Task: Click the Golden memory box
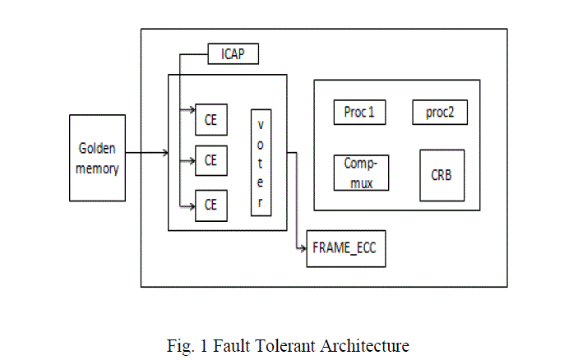97,158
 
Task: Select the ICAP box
234,55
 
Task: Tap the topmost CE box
211,118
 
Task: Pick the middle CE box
211,160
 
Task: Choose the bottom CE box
211,204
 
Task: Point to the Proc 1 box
359,112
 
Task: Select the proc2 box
439,112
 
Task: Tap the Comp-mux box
361,173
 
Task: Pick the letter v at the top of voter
261,123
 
